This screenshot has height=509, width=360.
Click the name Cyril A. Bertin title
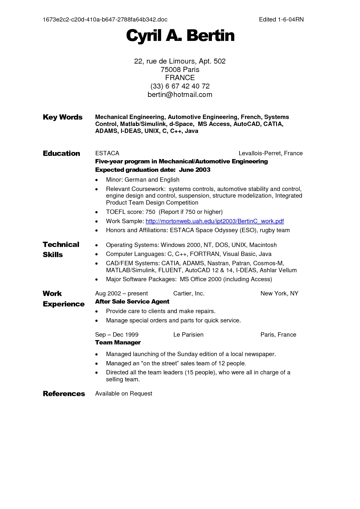click(180, 36)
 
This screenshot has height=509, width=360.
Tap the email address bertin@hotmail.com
click(180, 95)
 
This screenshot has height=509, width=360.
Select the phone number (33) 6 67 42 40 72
click(180, 86)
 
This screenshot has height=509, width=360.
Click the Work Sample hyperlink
click(215, 221)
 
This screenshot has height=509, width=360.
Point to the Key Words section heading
click(62, 117)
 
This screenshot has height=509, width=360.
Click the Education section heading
click(61, 154)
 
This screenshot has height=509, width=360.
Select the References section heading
click(64, 394)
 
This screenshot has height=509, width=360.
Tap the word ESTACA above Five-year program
click(107, 153)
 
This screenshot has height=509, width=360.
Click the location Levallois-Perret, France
click(270, 153)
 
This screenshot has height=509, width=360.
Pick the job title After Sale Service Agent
click(132, 302)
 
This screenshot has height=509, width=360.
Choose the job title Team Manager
click(118, 342)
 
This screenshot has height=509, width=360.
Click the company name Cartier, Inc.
click(189, 293)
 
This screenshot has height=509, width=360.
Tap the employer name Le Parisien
click(188, 335)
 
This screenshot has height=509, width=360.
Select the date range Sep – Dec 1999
click(117, 335)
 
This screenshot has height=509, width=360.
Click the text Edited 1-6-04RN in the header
click(281, 19)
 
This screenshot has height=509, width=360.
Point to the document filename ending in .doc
click(105, 19)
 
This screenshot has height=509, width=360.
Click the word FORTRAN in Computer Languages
click(205, 254)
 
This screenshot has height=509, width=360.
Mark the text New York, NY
click(279, 293)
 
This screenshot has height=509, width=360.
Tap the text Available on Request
click(124, 394)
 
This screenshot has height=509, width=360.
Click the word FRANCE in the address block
click(180, 78)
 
